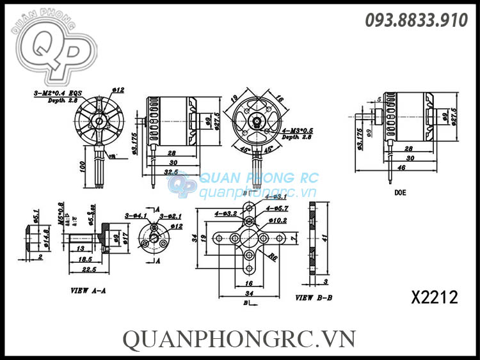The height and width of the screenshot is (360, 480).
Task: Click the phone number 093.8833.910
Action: pos(416,20)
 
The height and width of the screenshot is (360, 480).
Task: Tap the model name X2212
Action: pos(435,298)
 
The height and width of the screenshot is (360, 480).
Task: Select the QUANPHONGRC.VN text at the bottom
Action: pos(239,338)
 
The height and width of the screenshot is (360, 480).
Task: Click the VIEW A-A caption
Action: pos(88,290)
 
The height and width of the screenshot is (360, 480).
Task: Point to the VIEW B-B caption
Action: pos(314,298)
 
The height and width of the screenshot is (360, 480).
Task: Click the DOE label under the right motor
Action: pos(400,192)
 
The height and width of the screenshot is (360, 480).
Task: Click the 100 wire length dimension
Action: pos(82,166)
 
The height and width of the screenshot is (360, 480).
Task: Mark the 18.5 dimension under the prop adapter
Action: pos(84,260)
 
